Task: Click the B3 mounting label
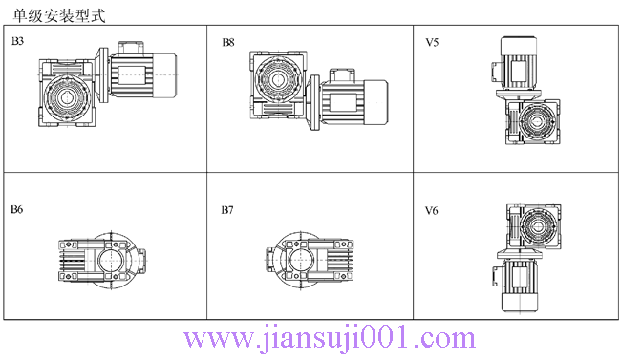point(17,43)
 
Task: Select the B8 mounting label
point(228,43)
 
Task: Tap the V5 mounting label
point(432,43)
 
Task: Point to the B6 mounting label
point(17,209)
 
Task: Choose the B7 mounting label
point(228,209)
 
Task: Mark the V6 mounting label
point(432,209)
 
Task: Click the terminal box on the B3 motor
point(129,47)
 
